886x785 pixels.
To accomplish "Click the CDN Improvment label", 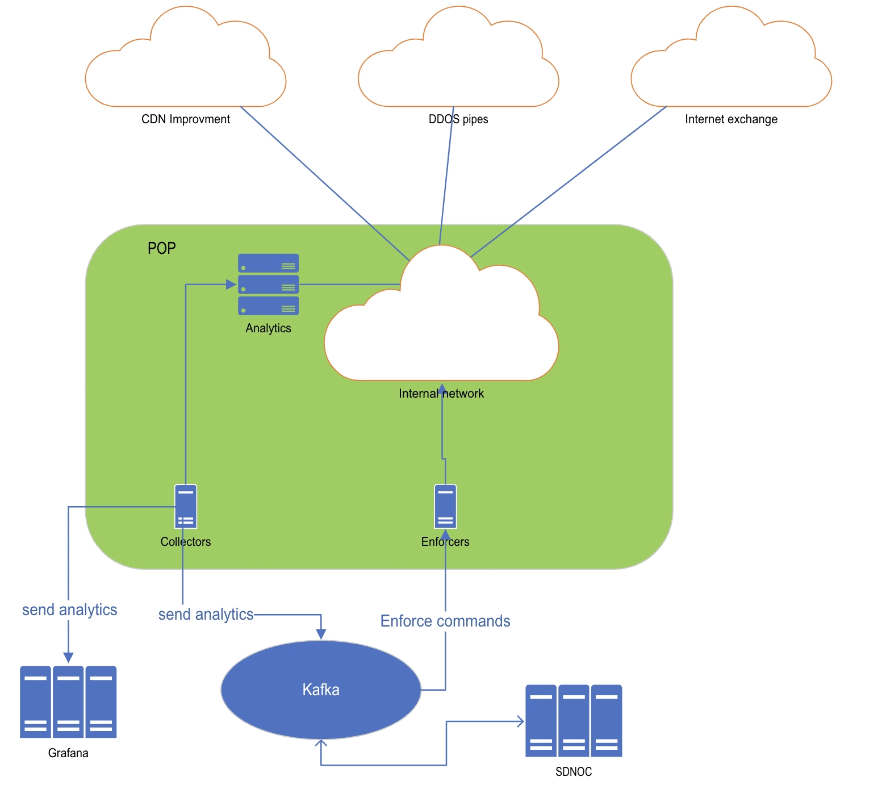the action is (x=186, y=119).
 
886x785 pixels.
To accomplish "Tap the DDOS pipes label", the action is (x=458, y=119).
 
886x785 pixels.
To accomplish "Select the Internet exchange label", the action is (x=731, y=119).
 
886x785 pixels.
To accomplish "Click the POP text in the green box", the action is (x=162, y=248).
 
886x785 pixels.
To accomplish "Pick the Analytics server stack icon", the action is (x=268, y=284).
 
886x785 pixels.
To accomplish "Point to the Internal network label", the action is (x=441, y=394).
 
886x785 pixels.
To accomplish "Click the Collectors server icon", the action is (x=186, y=506).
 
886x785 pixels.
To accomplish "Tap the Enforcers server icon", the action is (x=445, y=506).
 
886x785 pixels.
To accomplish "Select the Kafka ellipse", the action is (x=321, y=690).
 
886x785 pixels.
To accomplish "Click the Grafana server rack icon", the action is (x=68, y=702).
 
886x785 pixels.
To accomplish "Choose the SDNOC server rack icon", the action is (x=574, y=721).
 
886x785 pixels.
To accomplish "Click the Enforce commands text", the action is (x=445, y=621).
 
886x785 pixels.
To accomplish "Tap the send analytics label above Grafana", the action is (x=69, y=609).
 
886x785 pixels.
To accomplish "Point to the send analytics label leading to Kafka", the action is (x=206, y=614).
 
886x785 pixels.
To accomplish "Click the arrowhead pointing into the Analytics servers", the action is (x=231, y=285).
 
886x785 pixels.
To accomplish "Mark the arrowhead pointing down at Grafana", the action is (x=68, y=658).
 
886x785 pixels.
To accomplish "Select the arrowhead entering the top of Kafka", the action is (x=321, y=634).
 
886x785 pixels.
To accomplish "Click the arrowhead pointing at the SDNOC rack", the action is (x=520, y=721).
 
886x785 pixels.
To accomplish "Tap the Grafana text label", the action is (x=68, y=753).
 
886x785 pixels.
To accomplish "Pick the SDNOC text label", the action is (x=574, y=772).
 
